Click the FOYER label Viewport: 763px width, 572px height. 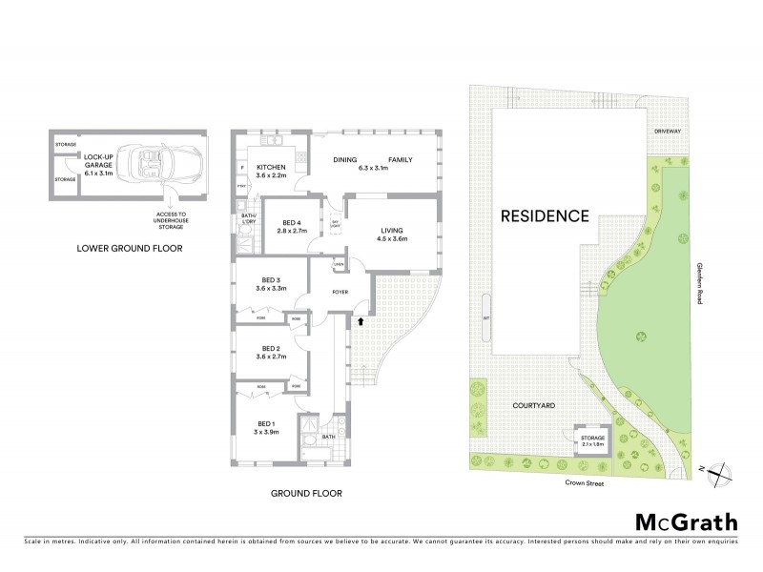[339, 292]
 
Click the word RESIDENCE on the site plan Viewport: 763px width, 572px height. [545, 215]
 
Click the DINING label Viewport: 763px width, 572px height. [344, 160]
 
